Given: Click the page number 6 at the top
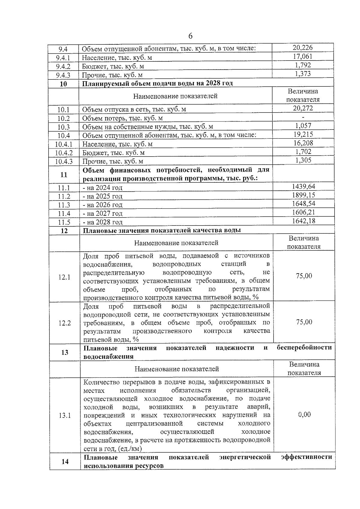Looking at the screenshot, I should pos(190,36).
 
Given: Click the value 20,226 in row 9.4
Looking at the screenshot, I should pos(302,47).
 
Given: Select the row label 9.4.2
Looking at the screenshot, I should pos(63,66).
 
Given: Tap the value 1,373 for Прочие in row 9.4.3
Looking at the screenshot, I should pos(303,74).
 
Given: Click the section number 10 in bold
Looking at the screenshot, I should pos(63,84).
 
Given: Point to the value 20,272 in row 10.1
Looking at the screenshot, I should pos(303,108).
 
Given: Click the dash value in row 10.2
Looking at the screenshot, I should pos(303,117).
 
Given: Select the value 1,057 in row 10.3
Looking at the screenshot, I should pos(303,126).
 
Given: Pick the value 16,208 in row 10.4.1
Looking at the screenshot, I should pos(303,143).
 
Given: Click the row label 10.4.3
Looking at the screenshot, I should pos(64,161).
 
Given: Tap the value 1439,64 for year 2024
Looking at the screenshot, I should pos(303,187).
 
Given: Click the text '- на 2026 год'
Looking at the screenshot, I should pos(103,205).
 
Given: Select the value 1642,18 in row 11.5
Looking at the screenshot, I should pos(303,221).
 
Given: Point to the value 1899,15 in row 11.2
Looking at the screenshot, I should pos(303,195).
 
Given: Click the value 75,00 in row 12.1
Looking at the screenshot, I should pos(304,276).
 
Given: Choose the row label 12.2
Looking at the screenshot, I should pos(64,323).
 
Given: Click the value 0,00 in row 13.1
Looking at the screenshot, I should pos(304,415).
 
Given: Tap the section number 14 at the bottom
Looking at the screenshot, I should pos(65,462).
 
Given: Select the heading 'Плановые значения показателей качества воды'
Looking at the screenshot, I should pos(162,230).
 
